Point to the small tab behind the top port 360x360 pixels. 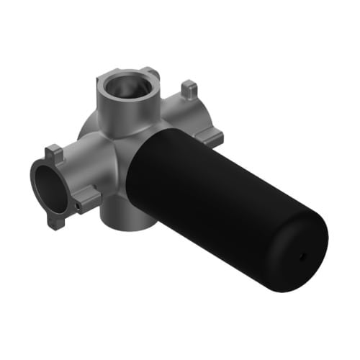[x=149, y=74]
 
